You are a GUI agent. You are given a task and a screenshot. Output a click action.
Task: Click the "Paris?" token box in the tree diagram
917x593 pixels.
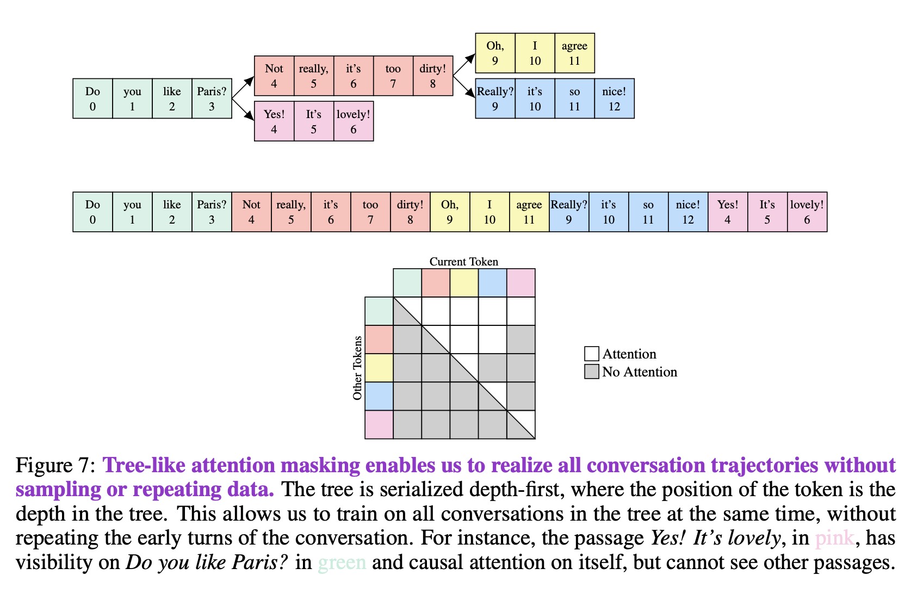[212, 98]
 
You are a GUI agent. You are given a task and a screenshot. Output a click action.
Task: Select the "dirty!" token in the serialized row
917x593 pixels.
[410, 212]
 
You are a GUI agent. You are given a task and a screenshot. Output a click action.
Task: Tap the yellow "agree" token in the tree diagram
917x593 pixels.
[574, 53]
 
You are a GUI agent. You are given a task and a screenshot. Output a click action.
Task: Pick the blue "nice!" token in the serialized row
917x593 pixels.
[688, 212]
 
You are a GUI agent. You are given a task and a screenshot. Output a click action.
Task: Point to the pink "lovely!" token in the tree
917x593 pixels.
[354, 121]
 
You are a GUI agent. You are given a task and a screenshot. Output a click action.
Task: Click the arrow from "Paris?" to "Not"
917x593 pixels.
[243, 88]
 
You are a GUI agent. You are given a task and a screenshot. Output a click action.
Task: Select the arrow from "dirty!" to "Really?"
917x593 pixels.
[464, 87]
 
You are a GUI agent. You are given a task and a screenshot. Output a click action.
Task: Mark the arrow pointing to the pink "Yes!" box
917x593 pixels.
[243, 109]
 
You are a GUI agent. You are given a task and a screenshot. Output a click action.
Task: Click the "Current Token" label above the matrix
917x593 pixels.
[463, 262]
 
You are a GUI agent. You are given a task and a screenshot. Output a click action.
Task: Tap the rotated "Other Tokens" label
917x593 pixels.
[357, 368]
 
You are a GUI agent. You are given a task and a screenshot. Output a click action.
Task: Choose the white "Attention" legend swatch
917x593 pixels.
[591, 354]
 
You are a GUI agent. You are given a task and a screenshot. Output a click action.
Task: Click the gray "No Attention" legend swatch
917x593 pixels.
[591, 372]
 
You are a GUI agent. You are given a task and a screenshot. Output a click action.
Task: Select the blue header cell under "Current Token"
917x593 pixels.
[492, 283]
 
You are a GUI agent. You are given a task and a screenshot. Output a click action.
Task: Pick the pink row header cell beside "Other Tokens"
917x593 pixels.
[379, 424]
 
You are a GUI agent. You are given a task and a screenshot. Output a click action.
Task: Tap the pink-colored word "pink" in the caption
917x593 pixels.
[834, 538]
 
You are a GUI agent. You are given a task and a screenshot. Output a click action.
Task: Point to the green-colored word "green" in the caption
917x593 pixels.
[342, 562]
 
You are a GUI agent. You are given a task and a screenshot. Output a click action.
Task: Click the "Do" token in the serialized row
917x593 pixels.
[92, 212]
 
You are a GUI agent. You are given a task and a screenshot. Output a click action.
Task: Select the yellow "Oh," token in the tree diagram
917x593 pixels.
[495, 53]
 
